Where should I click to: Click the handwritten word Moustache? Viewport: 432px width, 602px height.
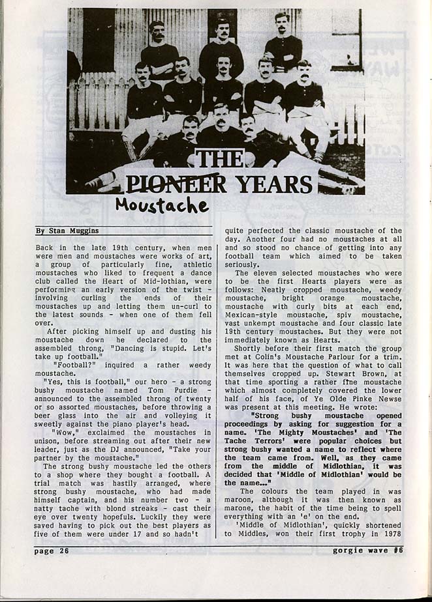162,205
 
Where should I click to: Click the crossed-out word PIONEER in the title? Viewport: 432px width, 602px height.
176,184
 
